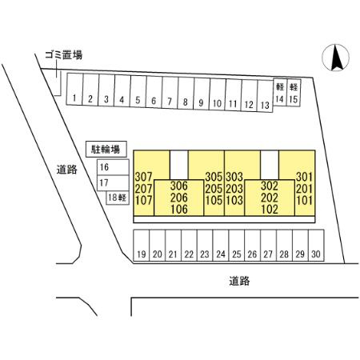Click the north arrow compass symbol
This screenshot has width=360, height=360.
pyautogui.click(x=336, y=58)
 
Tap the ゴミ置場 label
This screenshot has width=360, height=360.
pyautogui.click(x=63, y=55)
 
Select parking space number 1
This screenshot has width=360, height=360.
pyautogui.click(x=74, y=89)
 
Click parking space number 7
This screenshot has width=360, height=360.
pyautogui.click(x=170, y=93)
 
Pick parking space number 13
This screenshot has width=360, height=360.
pyautogui.click(x=265, y=96)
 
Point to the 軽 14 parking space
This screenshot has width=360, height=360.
pyautogui.click(x=280, y=92)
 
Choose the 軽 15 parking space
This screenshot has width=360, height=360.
pyautogui.click(x=294, y=93)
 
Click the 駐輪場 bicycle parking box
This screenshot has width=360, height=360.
pyautogui.click(x=106, y=149)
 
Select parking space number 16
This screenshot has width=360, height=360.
pyautogui.click(x=113, y=167)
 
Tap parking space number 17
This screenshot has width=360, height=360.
pyautogui.click(x=113, y=183)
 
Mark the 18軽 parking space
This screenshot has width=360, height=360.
pyautogui.click(x=118, y=198)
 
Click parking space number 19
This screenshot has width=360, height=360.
pyautogui.click(x=142, y=246)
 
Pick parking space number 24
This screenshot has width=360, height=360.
pyautogui.click(x=221, y=246)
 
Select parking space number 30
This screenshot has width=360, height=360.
pyautogui.click(x=316, y=246)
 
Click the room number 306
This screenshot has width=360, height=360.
pyautogui.click(x=179, y=186)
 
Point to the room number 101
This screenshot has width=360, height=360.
pyautogui.click(x=304, y=201)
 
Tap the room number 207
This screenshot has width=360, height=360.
pyautogui.click(x=143, y=189)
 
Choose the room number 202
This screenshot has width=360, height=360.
pyautogui.click(x=270, y=198)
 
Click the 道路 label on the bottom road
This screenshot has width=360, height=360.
pyautogui.click(x=239, y=281)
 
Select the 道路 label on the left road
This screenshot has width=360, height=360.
pyautogui.click(x=67, y=170)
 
